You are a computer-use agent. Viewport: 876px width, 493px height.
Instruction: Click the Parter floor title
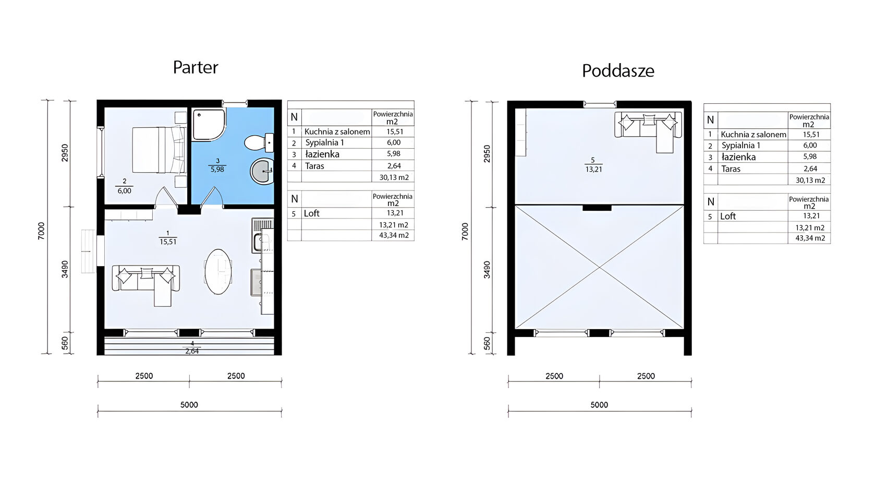tap(196, 67)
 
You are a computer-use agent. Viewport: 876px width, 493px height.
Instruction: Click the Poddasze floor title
tap(618, 71)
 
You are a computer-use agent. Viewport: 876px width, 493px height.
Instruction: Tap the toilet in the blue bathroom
tap(259, 143)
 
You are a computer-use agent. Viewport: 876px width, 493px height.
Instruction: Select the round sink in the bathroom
tap(262, 171)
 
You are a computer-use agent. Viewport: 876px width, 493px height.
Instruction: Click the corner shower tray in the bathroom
tap(209, 124)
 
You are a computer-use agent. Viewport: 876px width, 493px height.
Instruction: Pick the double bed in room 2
tap(159, 149)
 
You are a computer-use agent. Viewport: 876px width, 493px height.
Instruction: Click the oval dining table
tap(218, 271)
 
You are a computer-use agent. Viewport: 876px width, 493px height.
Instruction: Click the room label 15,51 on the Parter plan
tap(168, 242)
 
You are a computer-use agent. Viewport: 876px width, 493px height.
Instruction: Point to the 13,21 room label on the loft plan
tap(593, 170)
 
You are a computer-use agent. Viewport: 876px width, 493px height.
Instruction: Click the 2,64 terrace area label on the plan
tap(192, 352)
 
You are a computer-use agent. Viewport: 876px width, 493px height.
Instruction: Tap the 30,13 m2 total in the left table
tap(394, 177)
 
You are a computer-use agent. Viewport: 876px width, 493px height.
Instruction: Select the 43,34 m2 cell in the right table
tap(810, 238)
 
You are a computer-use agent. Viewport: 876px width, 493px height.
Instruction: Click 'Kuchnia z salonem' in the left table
tap(337, 132)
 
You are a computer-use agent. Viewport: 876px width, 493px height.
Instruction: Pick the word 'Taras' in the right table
tap(731, 169)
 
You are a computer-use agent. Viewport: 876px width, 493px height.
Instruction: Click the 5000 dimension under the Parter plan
tap(189, 405)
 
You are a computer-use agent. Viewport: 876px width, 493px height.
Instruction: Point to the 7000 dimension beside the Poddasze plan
tap(465, 231)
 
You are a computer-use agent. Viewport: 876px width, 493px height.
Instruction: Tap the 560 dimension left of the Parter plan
tap(65, 343)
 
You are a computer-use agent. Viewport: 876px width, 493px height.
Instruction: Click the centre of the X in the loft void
tap(599, 267)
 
